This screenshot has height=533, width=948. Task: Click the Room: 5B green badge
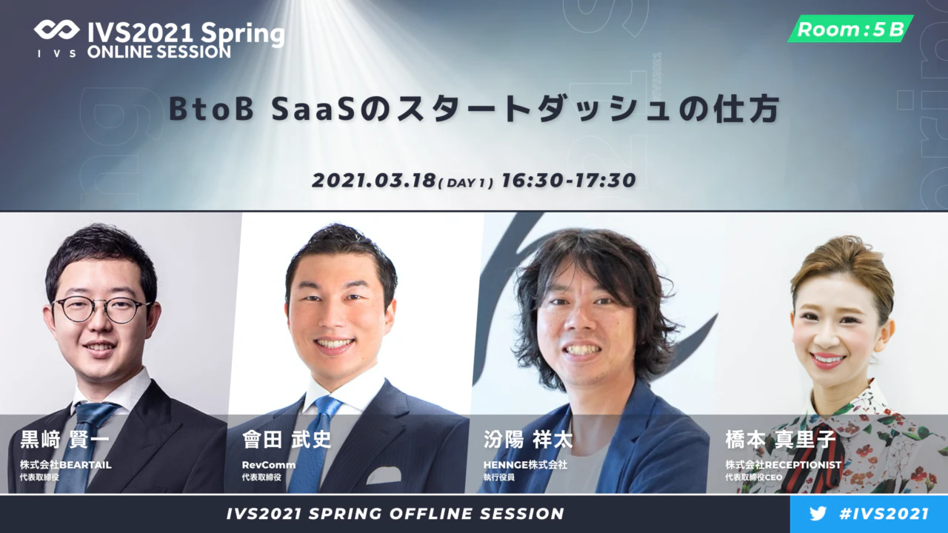851,29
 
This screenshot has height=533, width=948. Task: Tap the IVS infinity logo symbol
57,30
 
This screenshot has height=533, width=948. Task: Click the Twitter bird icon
818,514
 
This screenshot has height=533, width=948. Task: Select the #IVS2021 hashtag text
884,514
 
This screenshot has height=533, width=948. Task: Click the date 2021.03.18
374,181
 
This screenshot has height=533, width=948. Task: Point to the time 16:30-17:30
568,180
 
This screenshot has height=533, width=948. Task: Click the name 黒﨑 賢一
64,440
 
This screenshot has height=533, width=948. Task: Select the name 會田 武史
287,440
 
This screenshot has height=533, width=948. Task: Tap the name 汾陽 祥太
528,440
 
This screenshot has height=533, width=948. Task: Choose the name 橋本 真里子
781,440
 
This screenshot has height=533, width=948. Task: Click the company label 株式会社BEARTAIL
66,465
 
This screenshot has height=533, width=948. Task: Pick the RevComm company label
269,465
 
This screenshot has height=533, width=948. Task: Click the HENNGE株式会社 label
525,465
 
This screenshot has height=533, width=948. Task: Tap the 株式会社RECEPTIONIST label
784,465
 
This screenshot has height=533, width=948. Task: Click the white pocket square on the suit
384,475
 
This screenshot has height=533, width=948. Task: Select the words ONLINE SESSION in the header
159,52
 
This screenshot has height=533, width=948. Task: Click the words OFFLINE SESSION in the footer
476,514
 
